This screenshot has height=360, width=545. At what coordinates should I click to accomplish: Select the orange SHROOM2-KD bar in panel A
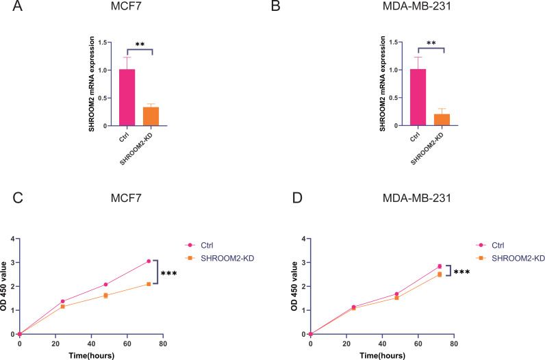(x=151, y=116)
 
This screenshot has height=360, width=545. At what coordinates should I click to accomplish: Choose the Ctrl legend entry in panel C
(x=207, y=244)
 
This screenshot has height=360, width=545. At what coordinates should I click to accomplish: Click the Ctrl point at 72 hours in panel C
(x=148, y=261)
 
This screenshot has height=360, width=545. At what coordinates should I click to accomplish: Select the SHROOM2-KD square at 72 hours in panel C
(x=148, y=284)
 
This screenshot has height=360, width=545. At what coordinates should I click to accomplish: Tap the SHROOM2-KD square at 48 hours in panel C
(x=105, y=296)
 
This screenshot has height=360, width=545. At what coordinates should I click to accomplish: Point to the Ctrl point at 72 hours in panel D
(x=440, y=266)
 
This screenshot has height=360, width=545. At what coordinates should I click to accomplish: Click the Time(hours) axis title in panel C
(x=90, y=355)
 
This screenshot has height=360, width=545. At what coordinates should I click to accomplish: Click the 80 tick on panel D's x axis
(x=454, y=342)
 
